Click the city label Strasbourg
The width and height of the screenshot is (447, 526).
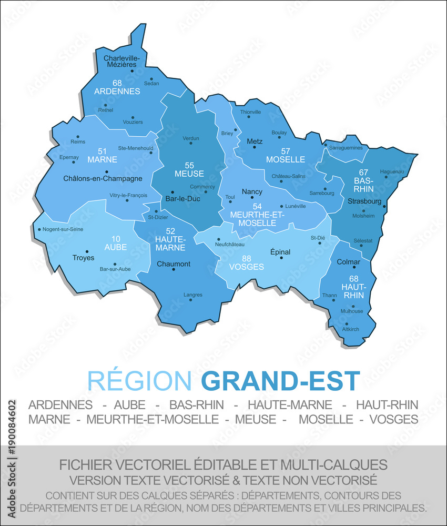pos(364,201)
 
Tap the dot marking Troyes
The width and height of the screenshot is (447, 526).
pos(87,251)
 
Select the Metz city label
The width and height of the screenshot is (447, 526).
pos(254,141)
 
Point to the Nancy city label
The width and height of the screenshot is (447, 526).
pos(252,192)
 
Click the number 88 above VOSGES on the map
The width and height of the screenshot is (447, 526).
pos(246,258)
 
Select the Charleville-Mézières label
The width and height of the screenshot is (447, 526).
pos(121,61)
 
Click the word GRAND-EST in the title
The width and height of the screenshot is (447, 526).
pos(281,381)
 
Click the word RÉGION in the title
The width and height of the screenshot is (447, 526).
pos(139,381)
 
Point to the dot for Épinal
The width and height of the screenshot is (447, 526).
pos(281,258)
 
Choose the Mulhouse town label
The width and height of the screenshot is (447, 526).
pos(352,311)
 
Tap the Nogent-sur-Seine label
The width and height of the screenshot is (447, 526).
pos(63,229)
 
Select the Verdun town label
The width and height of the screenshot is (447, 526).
pos(191,138)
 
